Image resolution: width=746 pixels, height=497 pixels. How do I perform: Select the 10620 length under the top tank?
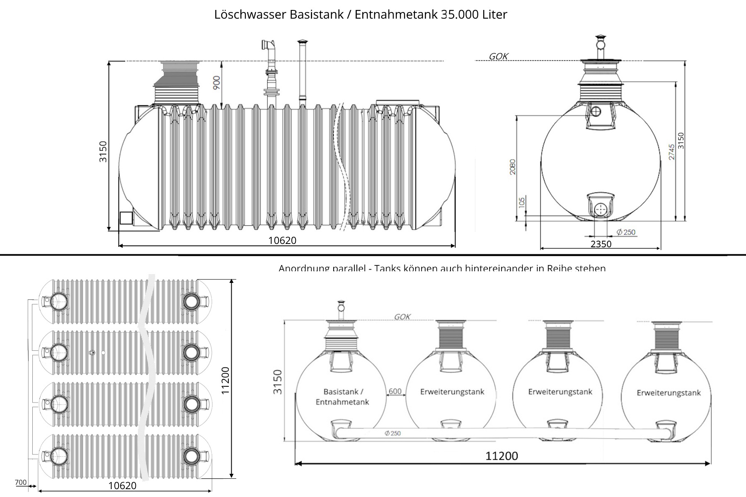[x=282, y=241]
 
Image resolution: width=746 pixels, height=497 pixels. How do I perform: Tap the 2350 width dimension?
[x=601, y=244]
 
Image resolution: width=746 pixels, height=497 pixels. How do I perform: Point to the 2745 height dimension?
[x=671, y=152]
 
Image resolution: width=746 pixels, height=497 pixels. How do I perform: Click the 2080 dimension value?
[x=513, y=166]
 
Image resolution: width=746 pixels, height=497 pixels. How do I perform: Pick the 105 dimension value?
[x=522, y=202]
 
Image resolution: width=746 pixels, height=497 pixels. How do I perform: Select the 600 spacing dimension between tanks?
[x=395, y=391]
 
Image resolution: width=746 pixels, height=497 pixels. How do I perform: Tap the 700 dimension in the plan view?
[x=20, y=483]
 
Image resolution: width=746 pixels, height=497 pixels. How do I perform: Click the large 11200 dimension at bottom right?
[x=501, y=456]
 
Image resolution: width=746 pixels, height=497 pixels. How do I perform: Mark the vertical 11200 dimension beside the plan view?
[x=225, y=380]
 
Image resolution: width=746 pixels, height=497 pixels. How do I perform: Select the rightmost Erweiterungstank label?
[x=668, y=393]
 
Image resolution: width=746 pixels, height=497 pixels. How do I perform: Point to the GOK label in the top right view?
[x=498, y=56]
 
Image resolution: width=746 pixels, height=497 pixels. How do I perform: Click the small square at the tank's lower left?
[x=126, y=218]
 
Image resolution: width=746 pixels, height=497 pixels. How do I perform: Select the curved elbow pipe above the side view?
[x=268, y=45]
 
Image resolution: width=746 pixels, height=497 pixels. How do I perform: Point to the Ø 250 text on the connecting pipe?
[x=392, y=433]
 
